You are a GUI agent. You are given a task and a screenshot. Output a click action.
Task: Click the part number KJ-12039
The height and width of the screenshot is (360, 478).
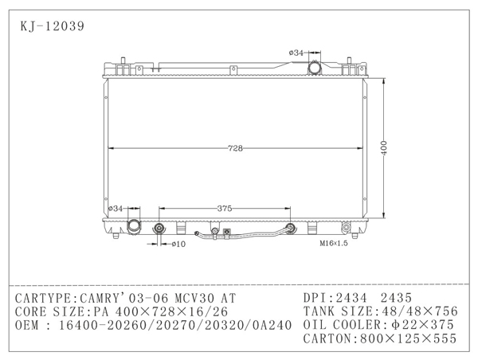[50, 25]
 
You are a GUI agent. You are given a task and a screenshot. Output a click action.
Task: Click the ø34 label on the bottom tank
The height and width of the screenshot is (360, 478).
[116, 209]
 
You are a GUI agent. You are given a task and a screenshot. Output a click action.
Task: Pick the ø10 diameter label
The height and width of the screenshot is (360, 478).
[179, 244]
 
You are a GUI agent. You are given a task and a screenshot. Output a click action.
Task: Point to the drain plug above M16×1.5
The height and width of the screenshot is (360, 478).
[345, 227]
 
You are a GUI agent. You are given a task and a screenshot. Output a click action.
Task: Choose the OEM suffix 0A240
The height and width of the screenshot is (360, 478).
[267, 325]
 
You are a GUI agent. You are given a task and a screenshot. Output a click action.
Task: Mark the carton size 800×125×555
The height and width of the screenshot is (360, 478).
[409, 339]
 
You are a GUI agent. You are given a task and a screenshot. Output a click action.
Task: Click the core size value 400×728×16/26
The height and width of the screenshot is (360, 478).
[170, 311]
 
